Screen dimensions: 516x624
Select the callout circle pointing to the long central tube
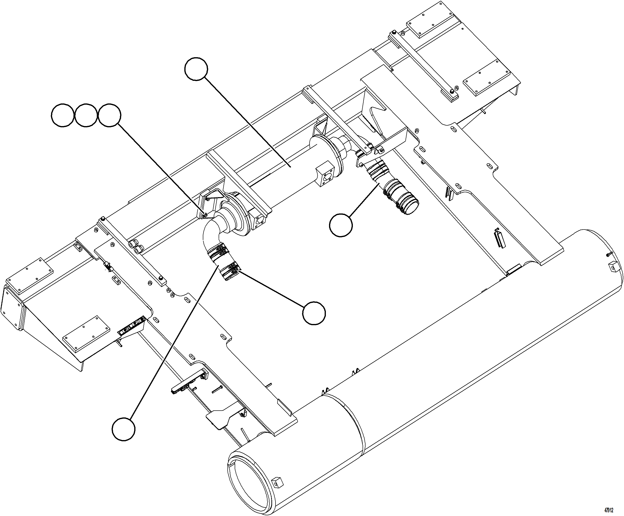point(196,69)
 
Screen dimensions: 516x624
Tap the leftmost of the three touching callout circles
point(63,115)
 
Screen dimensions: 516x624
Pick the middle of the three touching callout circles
point(86,115)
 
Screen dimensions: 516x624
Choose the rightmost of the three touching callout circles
point(109,115)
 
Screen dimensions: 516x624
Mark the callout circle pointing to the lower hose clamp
point(314,313)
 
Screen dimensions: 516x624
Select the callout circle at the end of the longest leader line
point(124,429)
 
